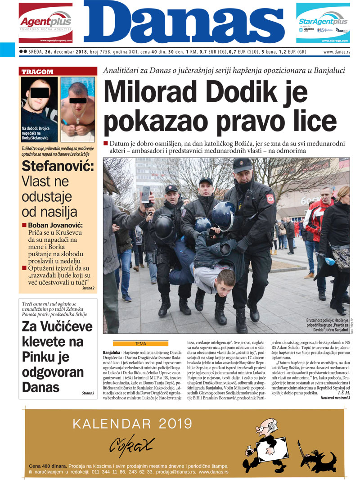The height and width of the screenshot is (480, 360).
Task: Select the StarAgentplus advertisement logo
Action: point(323,22)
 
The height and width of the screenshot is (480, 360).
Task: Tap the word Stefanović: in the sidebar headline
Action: point(58,167)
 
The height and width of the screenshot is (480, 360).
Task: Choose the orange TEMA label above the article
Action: point(140,344)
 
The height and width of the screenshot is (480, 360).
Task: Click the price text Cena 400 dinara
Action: point(47,466)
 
